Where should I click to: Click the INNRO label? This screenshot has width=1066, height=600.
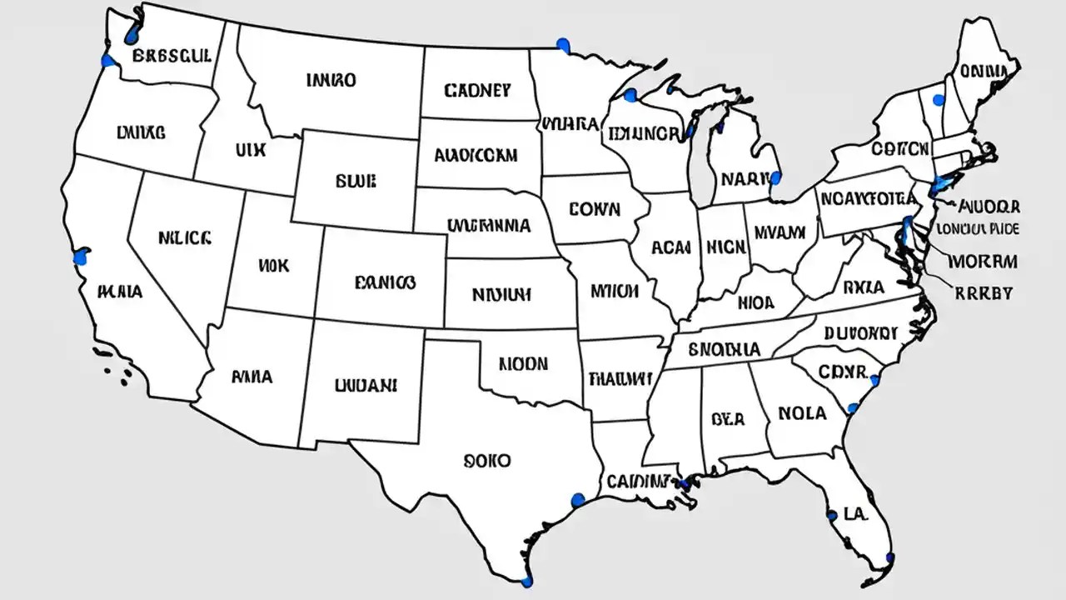[331, 81]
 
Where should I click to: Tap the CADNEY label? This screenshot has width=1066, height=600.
[477, 90]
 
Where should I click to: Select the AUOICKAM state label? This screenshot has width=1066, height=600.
[476, 155]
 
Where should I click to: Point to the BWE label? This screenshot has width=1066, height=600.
[356, 180]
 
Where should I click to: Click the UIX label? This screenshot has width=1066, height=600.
[250, 151]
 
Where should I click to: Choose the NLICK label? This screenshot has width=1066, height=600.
[184, 237]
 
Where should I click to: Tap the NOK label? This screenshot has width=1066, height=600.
[274, 266]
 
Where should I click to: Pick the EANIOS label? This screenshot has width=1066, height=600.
[384, 282]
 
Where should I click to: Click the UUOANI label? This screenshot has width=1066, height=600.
[365, 385]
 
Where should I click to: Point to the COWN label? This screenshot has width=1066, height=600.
[595, 208]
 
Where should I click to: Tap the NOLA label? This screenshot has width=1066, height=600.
[802, 412]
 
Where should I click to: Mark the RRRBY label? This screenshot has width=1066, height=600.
[984, 292]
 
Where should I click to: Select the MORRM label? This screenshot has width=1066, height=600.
[982, 262]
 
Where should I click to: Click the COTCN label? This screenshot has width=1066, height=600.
[899, 149]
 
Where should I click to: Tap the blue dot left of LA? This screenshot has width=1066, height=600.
[831, 515]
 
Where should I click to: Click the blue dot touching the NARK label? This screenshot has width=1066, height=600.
[775, 177]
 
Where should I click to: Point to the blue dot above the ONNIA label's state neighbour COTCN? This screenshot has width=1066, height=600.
[939, 101]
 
